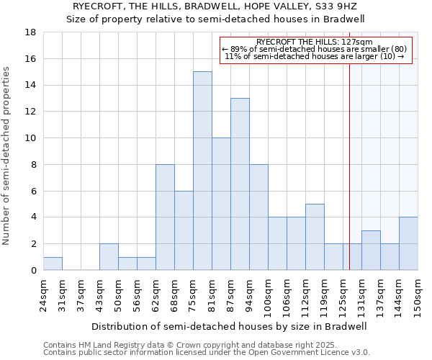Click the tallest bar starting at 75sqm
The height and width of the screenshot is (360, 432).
202,171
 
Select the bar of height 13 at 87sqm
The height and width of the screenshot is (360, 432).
240,184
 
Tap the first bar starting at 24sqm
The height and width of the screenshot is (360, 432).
53,264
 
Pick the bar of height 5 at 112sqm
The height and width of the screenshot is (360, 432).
315,237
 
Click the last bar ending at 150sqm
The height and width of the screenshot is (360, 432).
408,243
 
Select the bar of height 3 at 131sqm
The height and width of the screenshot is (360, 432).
371,250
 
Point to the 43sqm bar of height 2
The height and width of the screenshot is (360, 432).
109,257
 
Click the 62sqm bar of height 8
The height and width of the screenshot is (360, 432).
165,217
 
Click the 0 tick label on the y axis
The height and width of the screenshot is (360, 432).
33,270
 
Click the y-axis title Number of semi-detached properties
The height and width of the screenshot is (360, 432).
7,156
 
